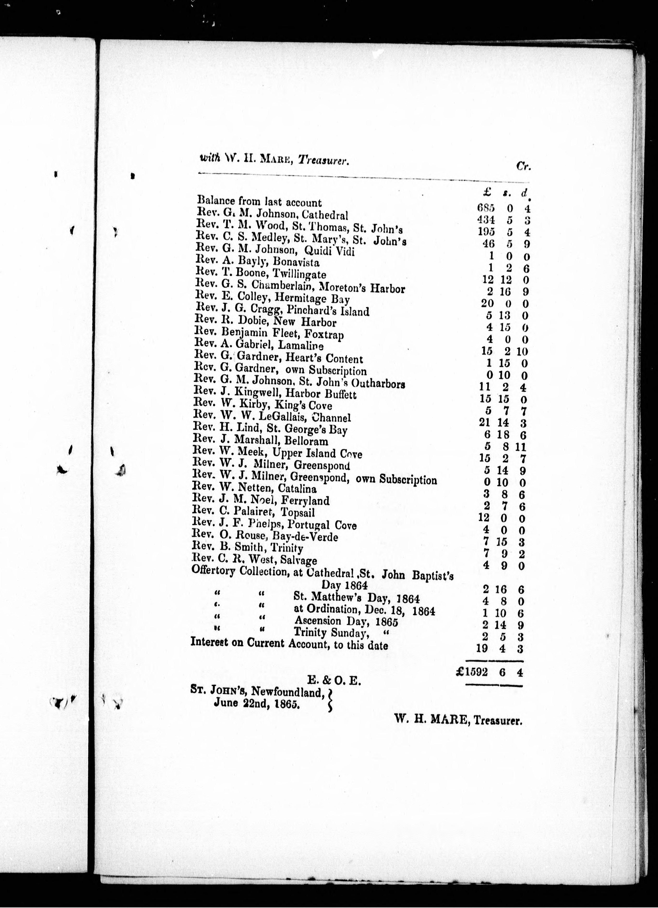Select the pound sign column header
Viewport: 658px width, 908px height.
tap(487, 193)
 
